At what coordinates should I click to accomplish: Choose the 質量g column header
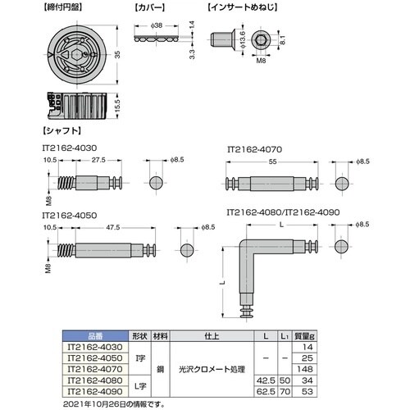pyautogui.click(x=305, y=335)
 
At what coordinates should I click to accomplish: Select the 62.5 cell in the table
pyautogui.click(x=264, y=391)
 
